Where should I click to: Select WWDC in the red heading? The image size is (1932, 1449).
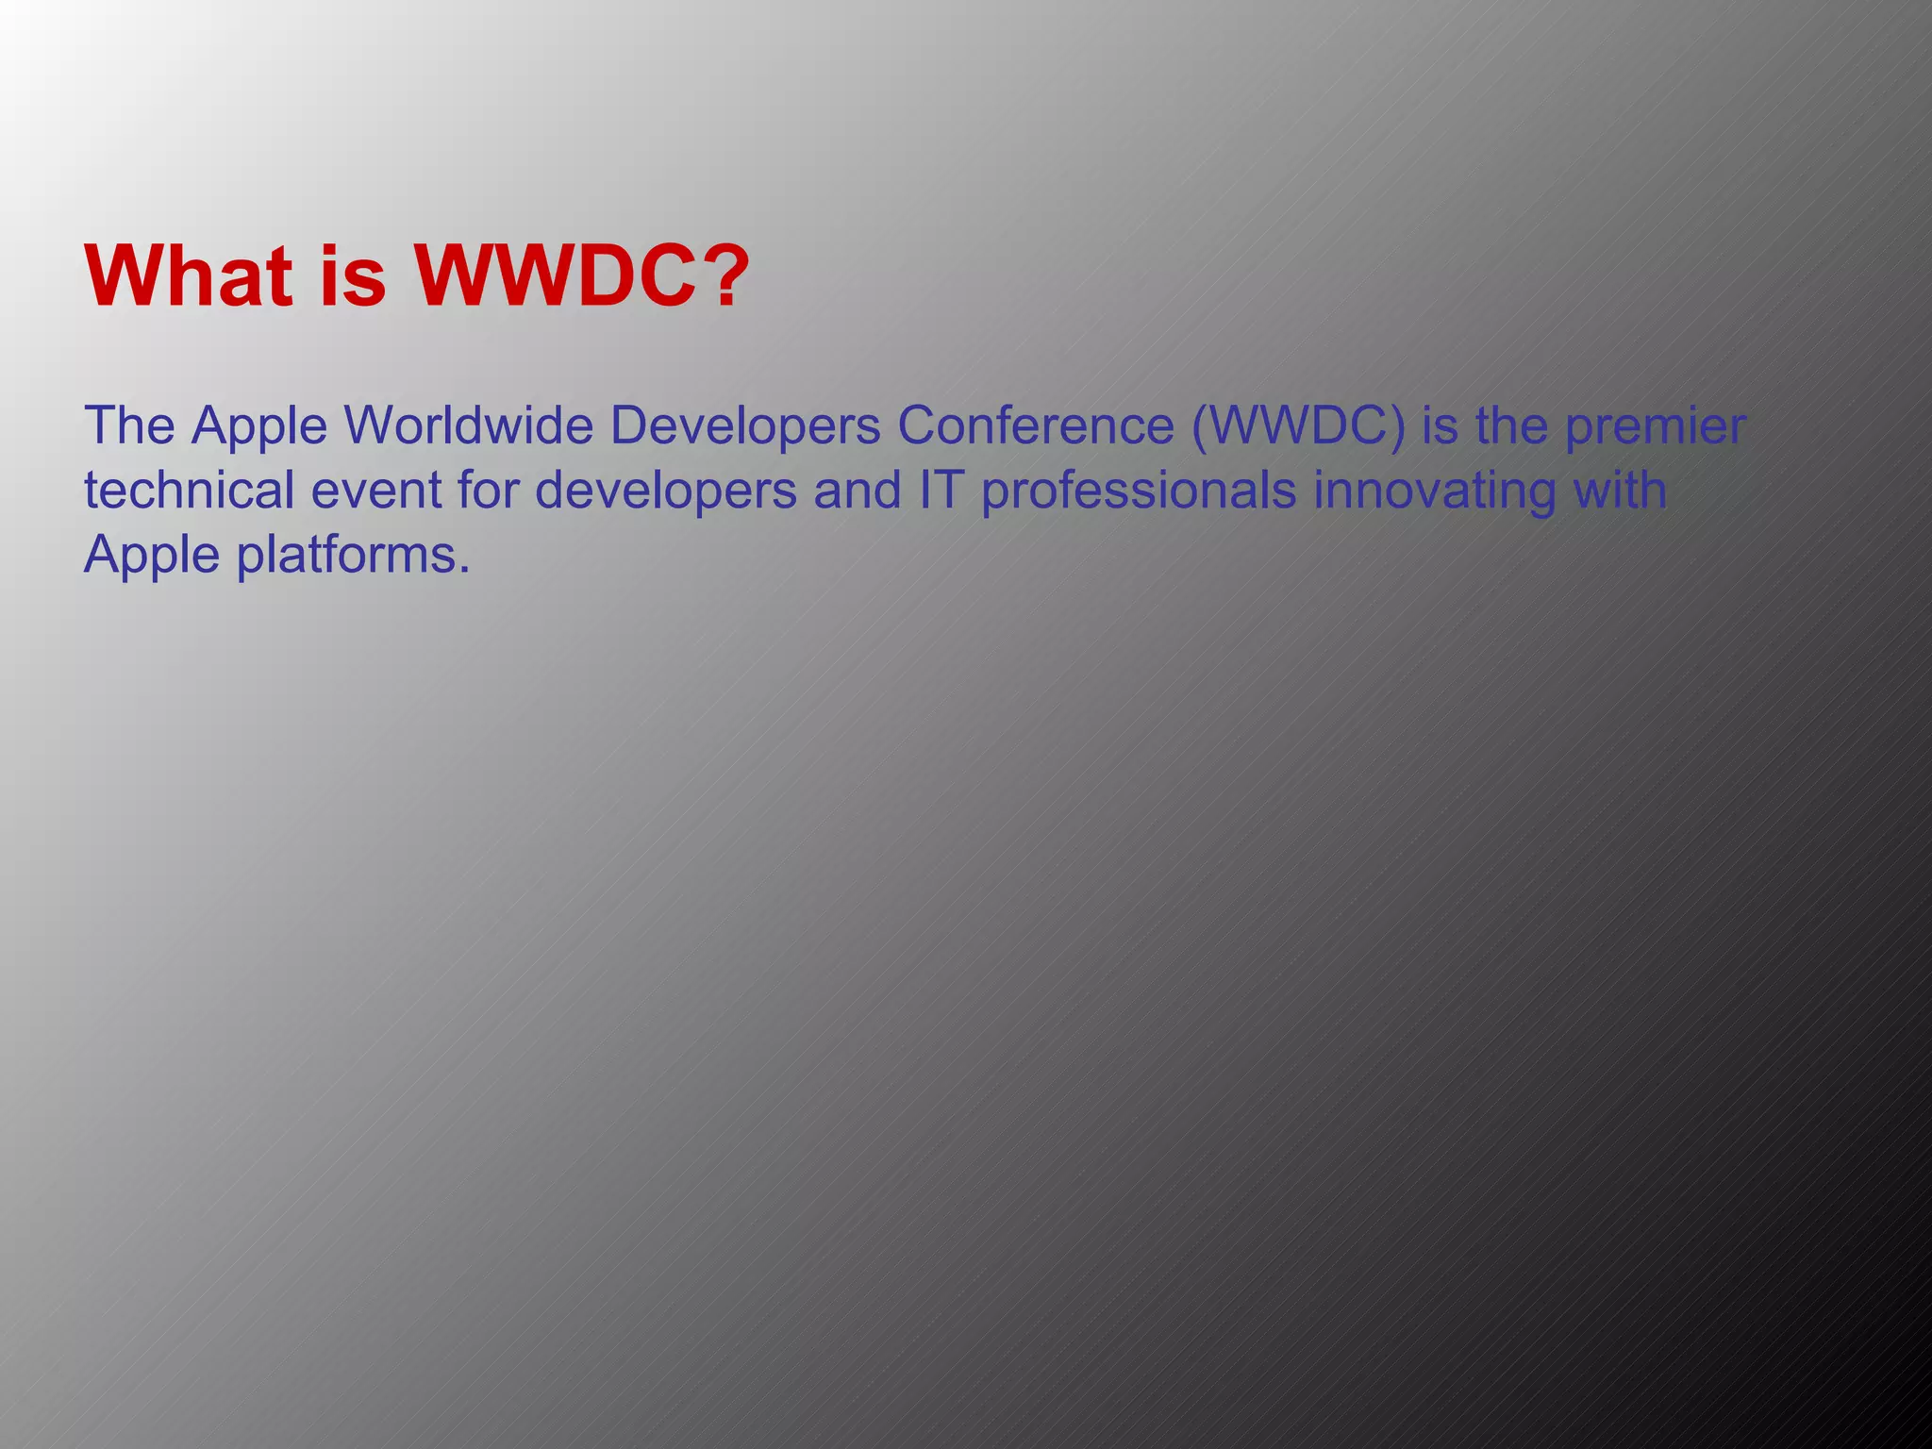(557, 276)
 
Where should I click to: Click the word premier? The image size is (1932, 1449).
(1656, 427)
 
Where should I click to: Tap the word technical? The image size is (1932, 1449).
(189, 491)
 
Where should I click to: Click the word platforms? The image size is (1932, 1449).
(353, 556)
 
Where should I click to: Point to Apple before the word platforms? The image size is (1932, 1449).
(152, 556)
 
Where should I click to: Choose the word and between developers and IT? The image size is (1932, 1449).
(857, 491)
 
